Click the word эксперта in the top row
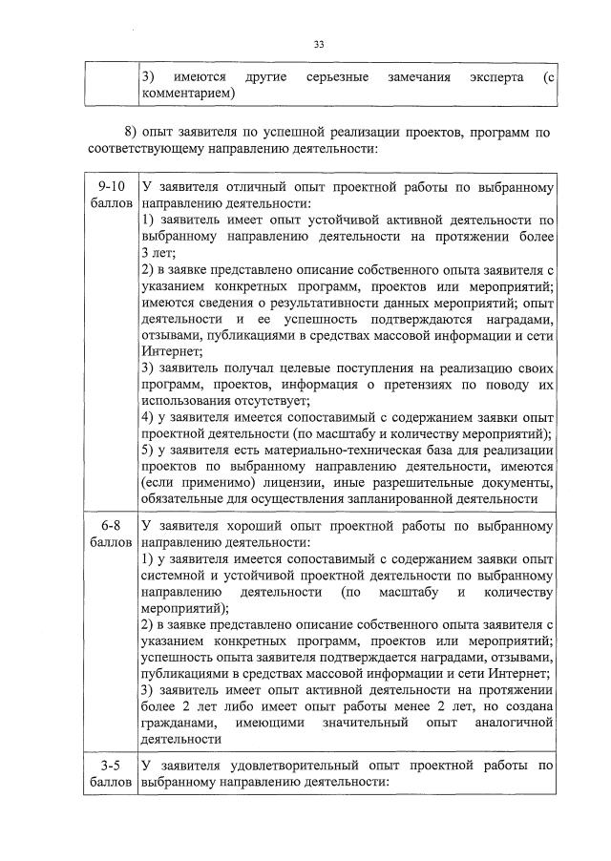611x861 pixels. tap(495, 76)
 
